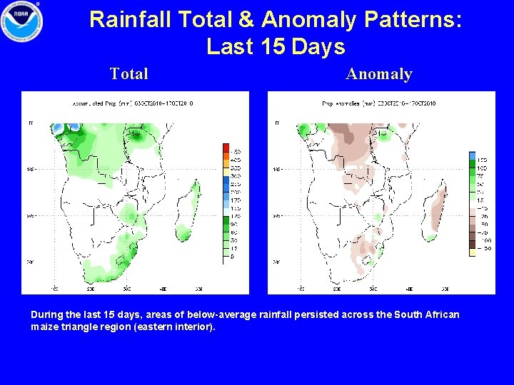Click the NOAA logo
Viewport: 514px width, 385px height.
pos(22,21)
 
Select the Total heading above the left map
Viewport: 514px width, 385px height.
pos(129,74)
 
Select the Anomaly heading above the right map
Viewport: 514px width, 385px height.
pos(379,74)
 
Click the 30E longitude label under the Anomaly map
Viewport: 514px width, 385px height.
pos(373,289)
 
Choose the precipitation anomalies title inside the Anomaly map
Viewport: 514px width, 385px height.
pos(379,103)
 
